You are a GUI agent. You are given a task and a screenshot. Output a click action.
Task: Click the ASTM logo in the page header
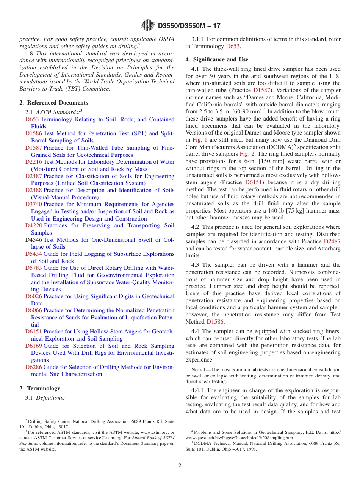coord(148,25)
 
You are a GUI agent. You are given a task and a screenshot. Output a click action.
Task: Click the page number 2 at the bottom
coord(180,466)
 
